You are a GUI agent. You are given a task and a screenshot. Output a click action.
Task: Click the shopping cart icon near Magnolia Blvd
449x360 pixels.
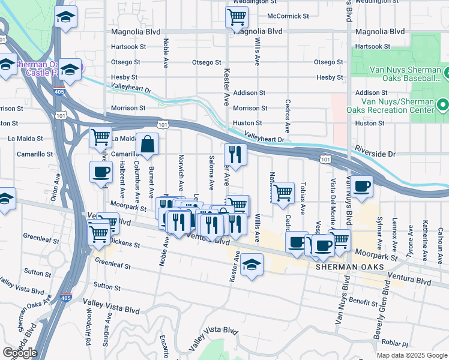click(x=237, y=17)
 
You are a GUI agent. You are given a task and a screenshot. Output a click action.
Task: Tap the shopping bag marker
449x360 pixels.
click(x=148, y=144)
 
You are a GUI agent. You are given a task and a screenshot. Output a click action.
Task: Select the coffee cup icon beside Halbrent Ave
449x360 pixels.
click(x=101, y=172)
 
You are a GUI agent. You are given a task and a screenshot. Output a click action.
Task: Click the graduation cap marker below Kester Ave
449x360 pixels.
click(x=252, y=265)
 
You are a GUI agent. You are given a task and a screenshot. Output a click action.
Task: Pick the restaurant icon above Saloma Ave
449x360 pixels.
click(x=236, y=155)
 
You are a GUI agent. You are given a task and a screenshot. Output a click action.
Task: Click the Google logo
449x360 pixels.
click(x=20, y=353)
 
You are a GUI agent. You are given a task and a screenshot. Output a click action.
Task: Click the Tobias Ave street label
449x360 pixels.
click(x=303, y=197)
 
